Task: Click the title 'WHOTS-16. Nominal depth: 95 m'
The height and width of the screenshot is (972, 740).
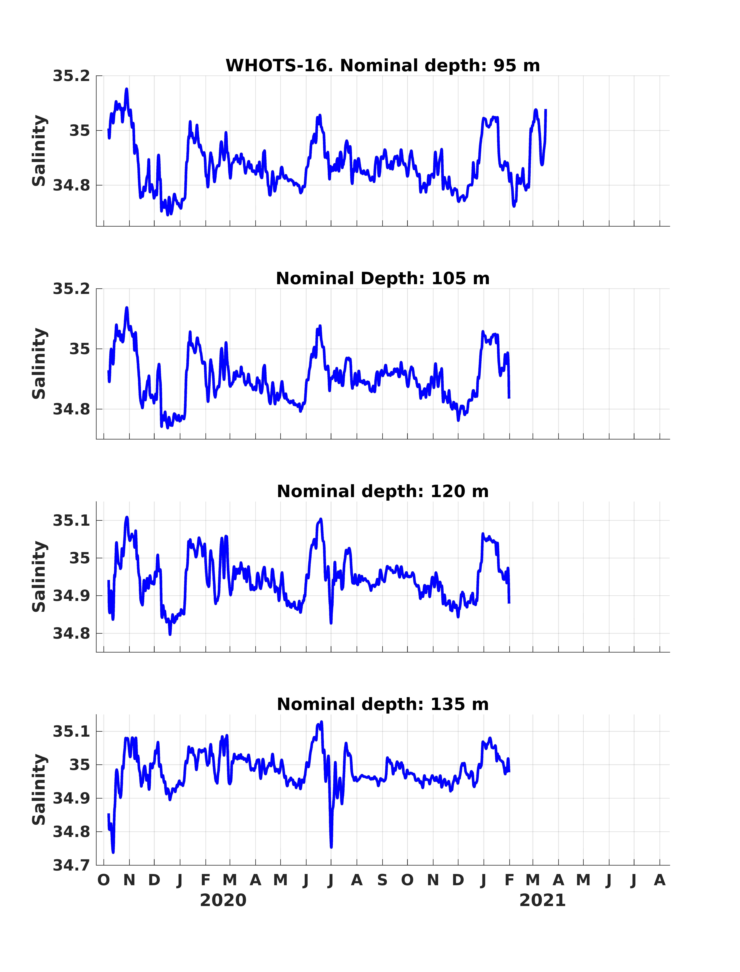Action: [x=382, y=66]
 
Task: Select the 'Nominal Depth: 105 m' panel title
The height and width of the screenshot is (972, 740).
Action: [x=382, y=279]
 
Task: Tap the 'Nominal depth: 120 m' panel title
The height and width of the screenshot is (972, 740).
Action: [x=382, y=492]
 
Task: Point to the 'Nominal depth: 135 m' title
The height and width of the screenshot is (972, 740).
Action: [x=382, y=704]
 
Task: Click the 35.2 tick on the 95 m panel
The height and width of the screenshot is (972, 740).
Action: [x=71, y=76]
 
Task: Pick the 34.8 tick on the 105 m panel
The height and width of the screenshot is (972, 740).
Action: [x=71, y=409]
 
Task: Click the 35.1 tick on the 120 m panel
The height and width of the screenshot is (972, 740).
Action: [x=71, y=521]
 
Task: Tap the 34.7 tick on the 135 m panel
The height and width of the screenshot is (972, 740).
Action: [x=71, y=865]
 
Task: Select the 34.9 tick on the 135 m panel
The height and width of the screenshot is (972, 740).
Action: [x=71, y=798]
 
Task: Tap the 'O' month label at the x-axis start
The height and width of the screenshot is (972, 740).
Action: [x=103, y=880]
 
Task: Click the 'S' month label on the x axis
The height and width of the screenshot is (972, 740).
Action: [x=382, y=880]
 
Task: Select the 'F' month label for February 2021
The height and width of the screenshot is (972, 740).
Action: [x=510, y=880]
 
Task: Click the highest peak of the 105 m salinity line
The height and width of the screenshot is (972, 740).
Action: [x=127, y=308]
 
